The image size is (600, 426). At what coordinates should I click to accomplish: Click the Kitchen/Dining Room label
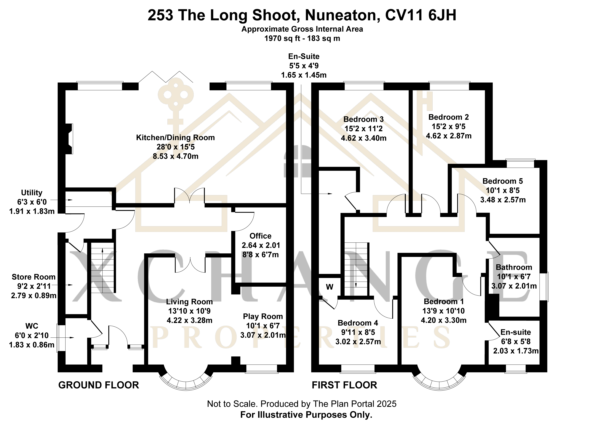coord(175,137)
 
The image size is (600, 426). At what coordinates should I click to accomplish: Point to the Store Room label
coord(34,277)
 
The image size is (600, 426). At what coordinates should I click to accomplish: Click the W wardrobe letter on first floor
coord(329,287)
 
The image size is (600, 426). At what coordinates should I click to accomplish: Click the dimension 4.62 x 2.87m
coord(449,136)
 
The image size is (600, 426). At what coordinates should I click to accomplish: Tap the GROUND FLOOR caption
coord(99,385)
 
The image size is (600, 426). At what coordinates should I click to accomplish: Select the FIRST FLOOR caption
coord(344,385)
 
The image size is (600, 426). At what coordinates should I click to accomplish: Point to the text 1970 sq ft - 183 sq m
coord(302,39)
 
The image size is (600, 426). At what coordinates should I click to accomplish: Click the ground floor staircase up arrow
coord(102,252)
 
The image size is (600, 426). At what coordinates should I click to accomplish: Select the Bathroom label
coord(514,267)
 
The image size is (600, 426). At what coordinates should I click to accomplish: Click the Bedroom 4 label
coord(358,323)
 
